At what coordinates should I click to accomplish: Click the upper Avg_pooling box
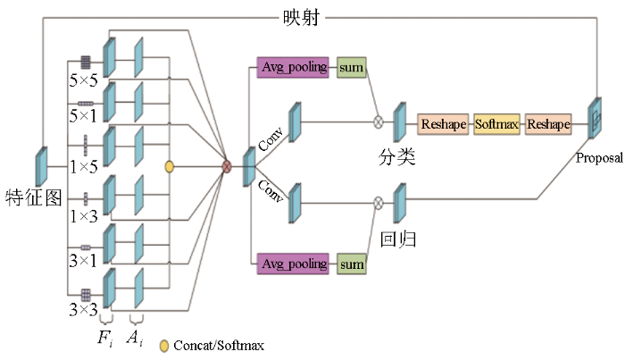(x=293, y=67)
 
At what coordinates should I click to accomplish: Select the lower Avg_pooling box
(x=293, y=264)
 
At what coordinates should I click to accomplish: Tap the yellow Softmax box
(x=496, y=124)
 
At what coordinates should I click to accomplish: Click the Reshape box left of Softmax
(x=443, y=124)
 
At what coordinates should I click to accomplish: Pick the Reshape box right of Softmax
(x=548, y=124)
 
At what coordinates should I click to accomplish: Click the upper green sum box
(x=351, y=67)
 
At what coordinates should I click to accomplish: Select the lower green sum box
(x=351, y=264)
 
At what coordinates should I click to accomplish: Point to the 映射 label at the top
(x=302, y=18)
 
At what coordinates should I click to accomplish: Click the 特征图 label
(x=34, y=197)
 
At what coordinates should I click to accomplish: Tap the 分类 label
(x=396, y=157)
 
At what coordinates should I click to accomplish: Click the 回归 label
(x=398, y=239)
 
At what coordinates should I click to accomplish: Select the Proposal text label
(x=599, y=158)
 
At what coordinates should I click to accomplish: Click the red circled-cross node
(x=227, y=167)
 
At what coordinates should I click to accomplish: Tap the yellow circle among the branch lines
(x=170, y=167)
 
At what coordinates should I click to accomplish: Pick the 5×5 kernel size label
(x=83, y=80)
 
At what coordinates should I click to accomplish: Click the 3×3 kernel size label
(x=83, y=309)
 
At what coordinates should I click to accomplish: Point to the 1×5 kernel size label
(x=83, y=167)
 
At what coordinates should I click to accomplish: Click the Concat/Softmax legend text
(x=219, y=345)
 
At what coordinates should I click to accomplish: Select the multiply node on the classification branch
(x=379, y=122)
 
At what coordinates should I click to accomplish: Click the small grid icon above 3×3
(x=86, y=295)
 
